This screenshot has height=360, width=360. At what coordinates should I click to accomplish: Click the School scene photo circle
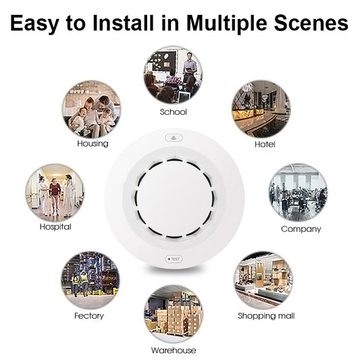[173, 75]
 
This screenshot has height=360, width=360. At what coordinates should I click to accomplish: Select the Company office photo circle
[297, 192]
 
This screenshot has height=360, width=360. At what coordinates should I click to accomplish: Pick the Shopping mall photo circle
[263, 280]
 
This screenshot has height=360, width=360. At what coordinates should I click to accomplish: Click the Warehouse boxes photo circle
[173, 315]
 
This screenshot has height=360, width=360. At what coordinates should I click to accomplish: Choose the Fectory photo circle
[90, 280]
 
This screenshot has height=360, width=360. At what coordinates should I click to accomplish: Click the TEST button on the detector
[173, 259]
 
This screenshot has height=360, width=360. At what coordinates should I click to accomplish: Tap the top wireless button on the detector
[174, 136]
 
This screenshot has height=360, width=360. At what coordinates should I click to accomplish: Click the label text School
[173, 111]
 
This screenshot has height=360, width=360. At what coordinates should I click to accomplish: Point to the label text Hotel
[264, 145]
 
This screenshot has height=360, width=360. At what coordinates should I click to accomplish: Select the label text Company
[301, 229]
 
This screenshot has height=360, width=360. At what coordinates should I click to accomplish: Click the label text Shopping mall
[266, 316]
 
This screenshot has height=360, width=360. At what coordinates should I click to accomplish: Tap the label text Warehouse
[174, 350]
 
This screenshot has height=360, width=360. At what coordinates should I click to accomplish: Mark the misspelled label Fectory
[88, 316]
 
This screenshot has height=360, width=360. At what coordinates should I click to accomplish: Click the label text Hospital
[55, 227]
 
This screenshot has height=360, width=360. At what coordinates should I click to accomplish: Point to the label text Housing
[93, 144]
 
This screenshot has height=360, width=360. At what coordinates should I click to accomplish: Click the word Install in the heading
[138, 24]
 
